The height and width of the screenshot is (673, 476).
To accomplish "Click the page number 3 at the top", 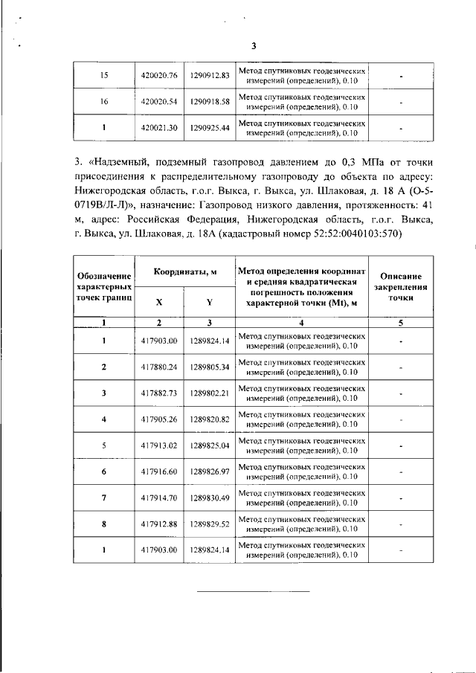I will [x=253, y=46].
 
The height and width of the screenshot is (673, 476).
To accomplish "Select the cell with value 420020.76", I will [x=158, y=76].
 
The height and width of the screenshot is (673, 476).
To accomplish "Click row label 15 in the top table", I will [x=103, y=76].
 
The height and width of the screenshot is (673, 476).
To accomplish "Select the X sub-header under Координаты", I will [x=158, y=302].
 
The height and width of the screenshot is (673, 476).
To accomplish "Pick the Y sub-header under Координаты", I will [x=209, y=302].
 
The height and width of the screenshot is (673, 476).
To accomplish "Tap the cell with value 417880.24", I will [x=158, y=367].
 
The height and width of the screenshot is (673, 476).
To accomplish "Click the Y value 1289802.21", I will [x=208, y=393].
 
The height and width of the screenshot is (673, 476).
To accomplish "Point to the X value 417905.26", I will [x=158, y=419].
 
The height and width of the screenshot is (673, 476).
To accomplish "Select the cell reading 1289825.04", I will [x=208, y=445].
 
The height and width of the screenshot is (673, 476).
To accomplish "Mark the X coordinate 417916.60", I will [x=158, y=471].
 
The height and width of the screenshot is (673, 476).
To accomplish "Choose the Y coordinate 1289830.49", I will [x=208, y=497].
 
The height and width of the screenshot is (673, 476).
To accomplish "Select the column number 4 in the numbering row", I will [x=301, y=323].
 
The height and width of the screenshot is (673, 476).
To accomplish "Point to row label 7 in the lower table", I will [x=103, y=497].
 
